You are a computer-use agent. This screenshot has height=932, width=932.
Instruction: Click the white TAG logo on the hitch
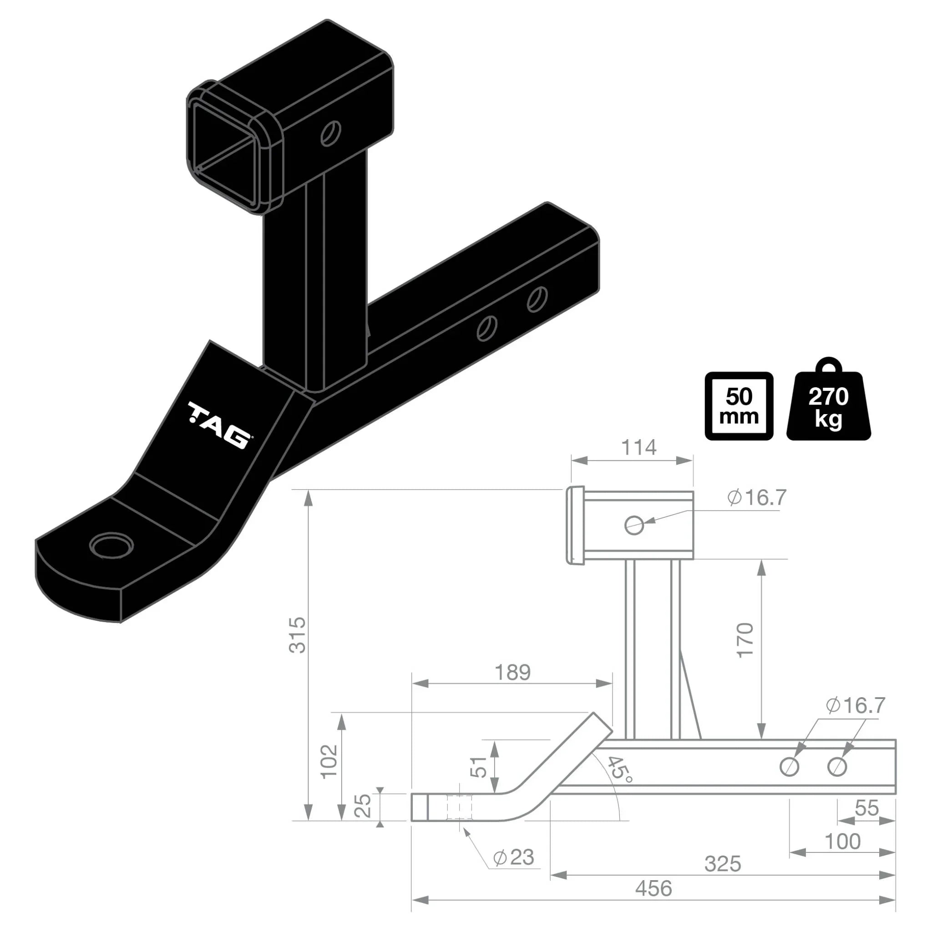pos(220,425)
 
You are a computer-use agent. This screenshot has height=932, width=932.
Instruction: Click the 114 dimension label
pos(638,448)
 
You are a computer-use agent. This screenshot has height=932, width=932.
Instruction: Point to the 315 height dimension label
pos(298,635)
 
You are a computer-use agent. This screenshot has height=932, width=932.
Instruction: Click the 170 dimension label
pos(745,640)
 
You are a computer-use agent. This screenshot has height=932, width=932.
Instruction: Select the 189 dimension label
pos(512,672)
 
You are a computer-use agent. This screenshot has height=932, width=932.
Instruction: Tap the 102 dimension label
pos(329,761)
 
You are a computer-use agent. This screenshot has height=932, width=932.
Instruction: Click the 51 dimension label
pos(479,766)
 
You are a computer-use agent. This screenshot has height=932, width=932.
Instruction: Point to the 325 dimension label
pos(722,864)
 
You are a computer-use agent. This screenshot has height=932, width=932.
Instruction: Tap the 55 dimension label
pos(866,808)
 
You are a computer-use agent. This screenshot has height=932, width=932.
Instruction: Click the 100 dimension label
pos(842,841)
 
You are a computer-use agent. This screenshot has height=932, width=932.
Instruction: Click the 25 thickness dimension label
pos(363,806)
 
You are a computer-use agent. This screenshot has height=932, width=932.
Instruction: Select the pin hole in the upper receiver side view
pos(634,525)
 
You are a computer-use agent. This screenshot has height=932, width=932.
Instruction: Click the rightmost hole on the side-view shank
pos(837,766)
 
